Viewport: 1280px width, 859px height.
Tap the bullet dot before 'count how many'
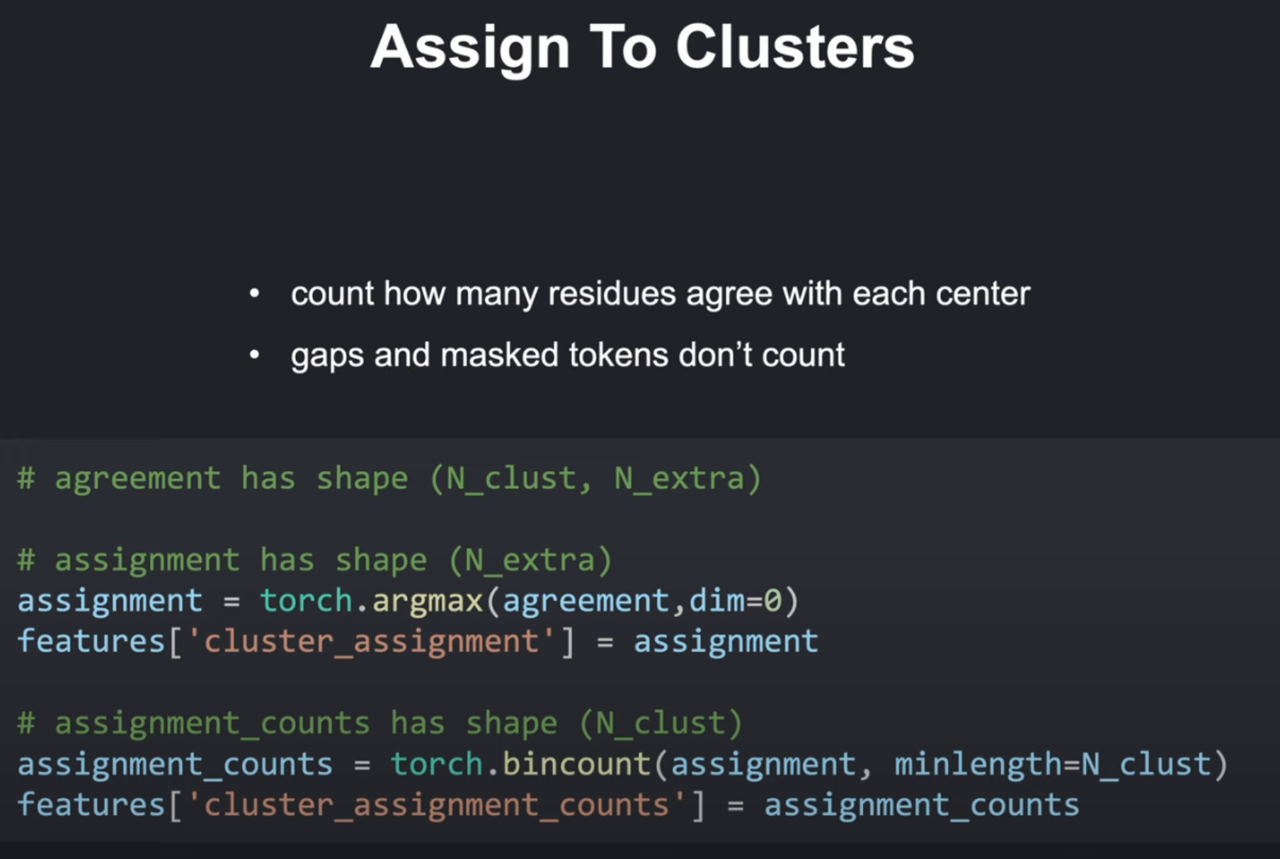point(255,293)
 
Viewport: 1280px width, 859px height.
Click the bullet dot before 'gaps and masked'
point(255,355)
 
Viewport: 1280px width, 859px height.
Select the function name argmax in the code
point(428,601)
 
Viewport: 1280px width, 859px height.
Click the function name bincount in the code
point(576,764)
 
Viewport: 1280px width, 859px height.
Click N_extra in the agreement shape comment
point(680,479)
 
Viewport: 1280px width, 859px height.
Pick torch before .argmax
point(306,601)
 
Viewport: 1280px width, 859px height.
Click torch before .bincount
point(436,764)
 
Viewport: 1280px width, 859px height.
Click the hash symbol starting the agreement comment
point(26,479)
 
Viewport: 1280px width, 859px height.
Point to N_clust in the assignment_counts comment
point(661,724)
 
